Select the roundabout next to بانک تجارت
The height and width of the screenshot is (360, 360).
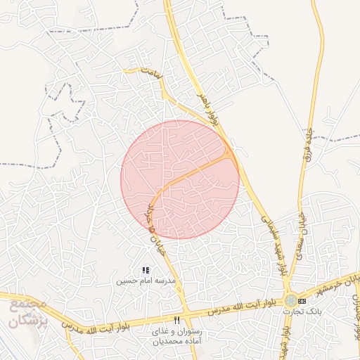(x=290, y=300)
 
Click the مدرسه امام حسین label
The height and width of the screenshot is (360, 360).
(x=146, y=281)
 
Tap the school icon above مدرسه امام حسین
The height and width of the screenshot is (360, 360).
(x=146, y=270)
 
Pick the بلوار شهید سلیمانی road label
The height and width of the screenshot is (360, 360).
(x=274, y=243)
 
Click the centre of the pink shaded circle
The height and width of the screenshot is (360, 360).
(x=180, y=179)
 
